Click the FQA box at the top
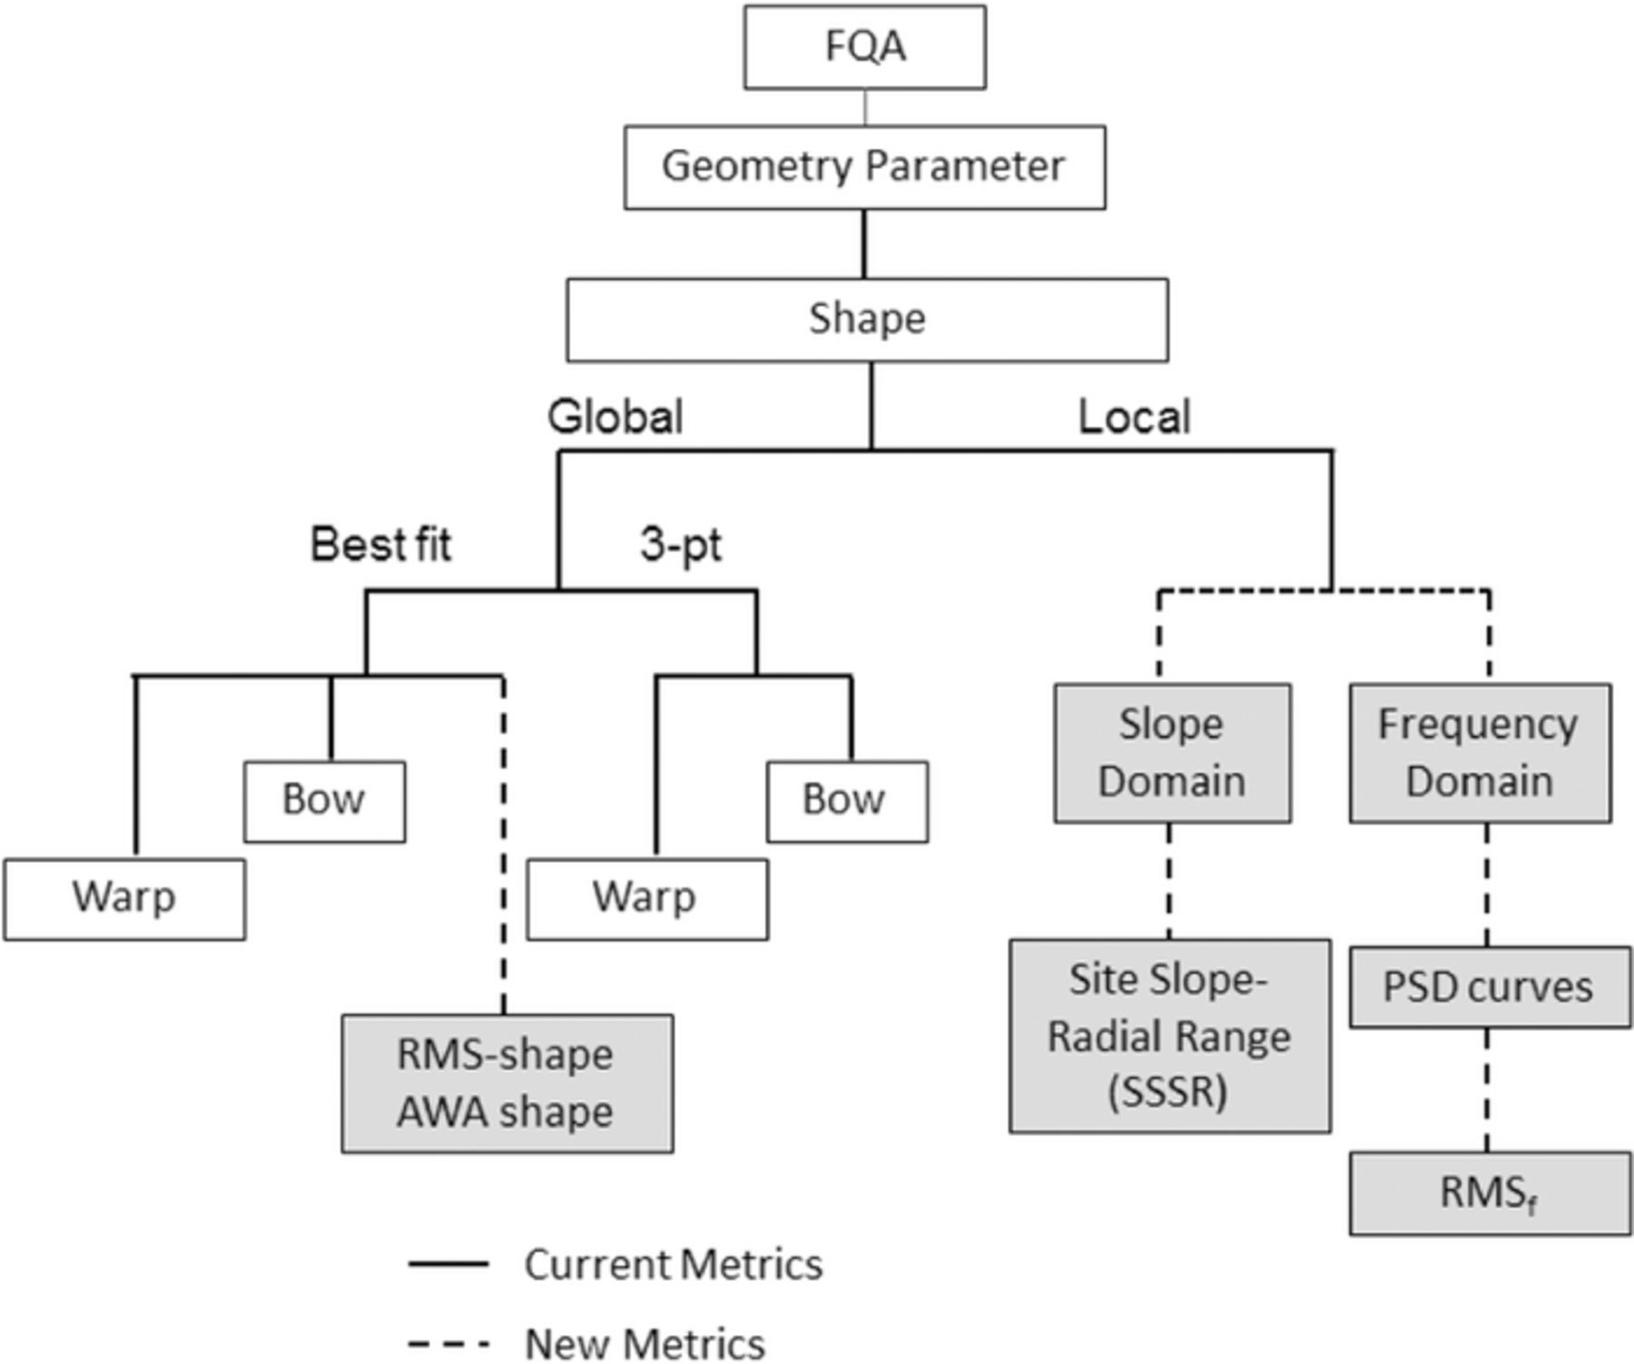tap(864, 47)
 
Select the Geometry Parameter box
tap(864, 167)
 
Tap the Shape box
tap(867, 320)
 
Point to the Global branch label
tap(615, 418)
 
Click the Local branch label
tap(1134, 418)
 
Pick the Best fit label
tap(380, 545)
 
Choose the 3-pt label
tap(681, 545)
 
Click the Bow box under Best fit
tap(324, 801)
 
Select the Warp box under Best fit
tap(124, 898)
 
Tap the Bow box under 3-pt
tap(846, 801)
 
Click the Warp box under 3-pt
tap(646, 898)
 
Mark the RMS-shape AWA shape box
tap(507, 1083)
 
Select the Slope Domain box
tap(1171, 753)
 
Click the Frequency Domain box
tap(1480, 753)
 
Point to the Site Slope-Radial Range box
tap(1169, 1036)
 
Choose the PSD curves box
tap(1489, 987)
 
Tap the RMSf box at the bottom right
tap(1489, 1193)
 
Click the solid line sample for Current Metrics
tap(448, 1264)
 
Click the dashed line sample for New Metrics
tap(448, 1343)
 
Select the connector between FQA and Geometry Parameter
tap(864, 107)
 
